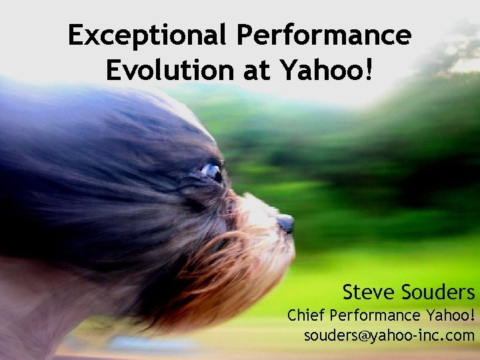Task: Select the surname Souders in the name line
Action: (x=438, y=291)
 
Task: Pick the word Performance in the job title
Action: (x=375, y=314)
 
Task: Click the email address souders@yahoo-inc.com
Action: (x=389, y=335)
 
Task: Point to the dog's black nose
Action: (x=285, y=222)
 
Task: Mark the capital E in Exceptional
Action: (x=77, y=35)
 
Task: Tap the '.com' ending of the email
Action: (x=459, y=335)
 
